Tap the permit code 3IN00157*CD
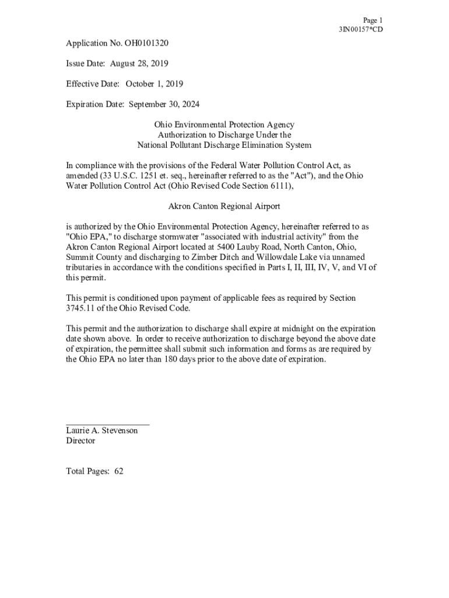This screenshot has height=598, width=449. (x=361, y=30)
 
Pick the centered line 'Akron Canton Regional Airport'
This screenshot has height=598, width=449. (x=224, y=206)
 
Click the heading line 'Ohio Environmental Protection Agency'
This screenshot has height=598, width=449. (x=224, y=125)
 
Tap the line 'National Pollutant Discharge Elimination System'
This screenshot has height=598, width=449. (x=224, y=145)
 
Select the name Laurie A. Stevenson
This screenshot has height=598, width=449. (x=102, y=430)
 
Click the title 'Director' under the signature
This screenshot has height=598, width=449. (x=80, y=441)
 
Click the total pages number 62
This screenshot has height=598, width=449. (x=119, y=471)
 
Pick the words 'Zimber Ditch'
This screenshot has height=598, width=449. (x=216, y=257)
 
